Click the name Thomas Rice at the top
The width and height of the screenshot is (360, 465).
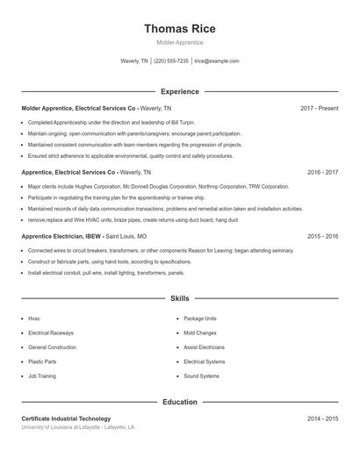click(179, 28)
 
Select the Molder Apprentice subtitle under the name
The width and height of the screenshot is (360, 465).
click(179, 42)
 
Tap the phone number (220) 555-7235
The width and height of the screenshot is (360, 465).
click(172, 61)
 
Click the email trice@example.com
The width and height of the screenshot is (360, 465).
click(217, 61)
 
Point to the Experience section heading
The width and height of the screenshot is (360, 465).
click(179, 91)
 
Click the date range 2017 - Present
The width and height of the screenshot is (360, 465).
click(319, 108)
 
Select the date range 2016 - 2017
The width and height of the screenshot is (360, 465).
click(322, 173)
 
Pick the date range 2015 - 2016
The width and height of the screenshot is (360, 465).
click(322, 237)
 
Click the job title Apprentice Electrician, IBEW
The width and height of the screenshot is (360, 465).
click(61, 237)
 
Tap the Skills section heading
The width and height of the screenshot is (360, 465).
click(179, 299)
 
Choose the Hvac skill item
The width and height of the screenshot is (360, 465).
click(34, 318)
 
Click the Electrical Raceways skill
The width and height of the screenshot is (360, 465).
click(50, 333)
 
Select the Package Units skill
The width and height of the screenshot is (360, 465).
click(199, 318)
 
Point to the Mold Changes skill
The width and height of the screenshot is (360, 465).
click(200, 333)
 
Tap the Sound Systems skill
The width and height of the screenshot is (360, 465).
click(201, 376)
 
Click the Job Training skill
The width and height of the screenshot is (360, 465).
click(41, 376)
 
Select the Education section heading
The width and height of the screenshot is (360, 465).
click(179, 402)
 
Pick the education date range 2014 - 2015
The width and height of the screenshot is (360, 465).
click(322, 419)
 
